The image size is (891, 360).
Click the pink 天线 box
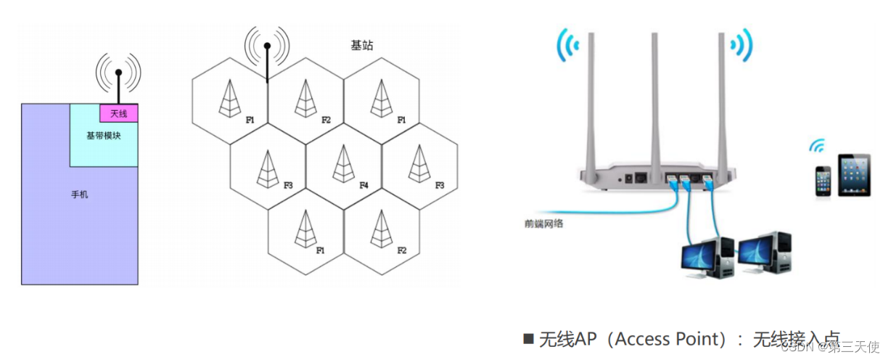click(118, 113)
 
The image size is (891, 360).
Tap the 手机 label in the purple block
click(79, 195)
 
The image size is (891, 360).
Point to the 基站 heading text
click(361, 45)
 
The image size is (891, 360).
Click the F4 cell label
click(364, 186)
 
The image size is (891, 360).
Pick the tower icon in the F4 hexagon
click(343, 164)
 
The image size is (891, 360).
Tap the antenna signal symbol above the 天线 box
click(118, 73)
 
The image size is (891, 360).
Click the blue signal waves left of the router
click(567, 46)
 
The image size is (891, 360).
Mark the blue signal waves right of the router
click(742, 46)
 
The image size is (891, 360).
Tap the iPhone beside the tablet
click(822, 180)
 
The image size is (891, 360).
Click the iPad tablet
click(853, 174)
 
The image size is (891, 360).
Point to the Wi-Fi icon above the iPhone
click(818, 147)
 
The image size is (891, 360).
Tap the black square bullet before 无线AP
click(528, 339)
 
